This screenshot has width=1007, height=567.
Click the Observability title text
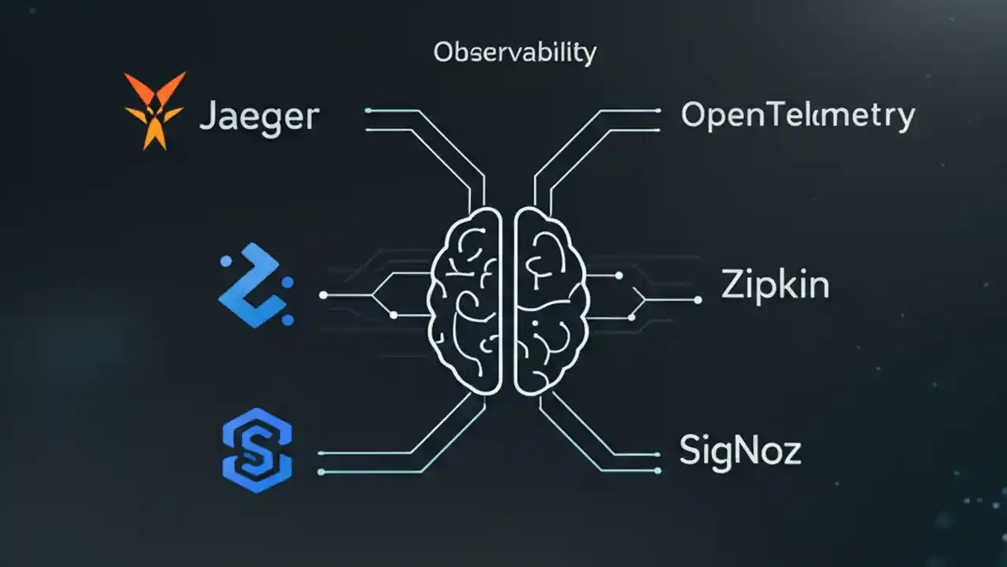(x=515, y=54)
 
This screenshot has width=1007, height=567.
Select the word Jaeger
(x=260, y=117)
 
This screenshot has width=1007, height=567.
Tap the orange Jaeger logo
(x=154, y=109)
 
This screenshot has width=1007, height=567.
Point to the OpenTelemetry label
(x=798, y=117)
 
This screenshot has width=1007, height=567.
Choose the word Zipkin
(x=775, y=285)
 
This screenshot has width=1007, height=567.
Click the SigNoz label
(x=740, y=451)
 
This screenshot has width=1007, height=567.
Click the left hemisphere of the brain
(x=465, y=300)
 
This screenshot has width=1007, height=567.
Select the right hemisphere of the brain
(x=551, y=300)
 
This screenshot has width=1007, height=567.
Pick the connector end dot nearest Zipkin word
(x=697, y=299)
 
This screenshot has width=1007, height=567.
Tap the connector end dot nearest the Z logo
(x=323, y=295)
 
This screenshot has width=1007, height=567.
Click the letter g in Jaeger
(x=268, y=120)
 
